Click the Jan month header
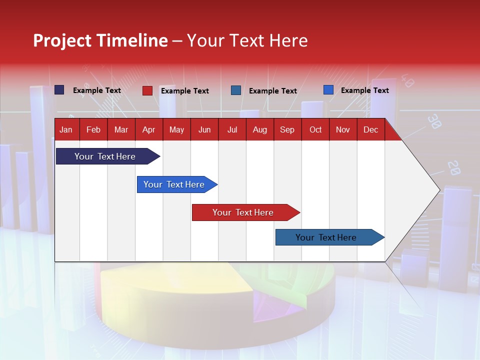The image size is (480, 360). pyautogui.click(x=66, y=130)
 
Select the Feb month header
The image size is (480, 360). pyautogui.click(x=93, y=130)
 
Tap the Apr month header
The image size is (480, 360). pyautogui.click(x=148, y=130)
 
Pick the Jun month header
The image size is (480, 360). pyautogui.click(x=204, y=130)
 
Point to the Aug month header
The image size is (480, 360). pyautogui.click(x=259, y=130)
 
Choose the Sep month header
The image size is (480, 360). pyautogui.click(x=287, y=130)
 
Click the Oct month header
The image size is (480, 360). pyautogui.click(x=315, y=130)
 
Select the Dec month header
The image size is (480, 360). pyautogui.click(x=370, y=130)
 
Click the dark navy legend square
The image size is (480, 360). pyautogui.click(x=59, y=90)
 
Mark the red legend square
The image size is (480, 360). pyautogui.click(x=147, y=90)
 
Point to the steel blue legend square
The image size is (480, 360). pyautogui.click(x=236, y=90)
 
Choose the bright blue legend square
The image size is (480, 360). pyautogui.click(x=328, y=90)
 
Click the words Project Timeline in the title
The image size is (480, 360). pyautogui.click(x=100, y=40)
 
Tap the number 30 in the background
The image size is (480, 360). pyautogui.click(x=434, y=121)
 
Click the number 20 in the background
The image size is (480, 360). pyautogui.click(x=453, y=167)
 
